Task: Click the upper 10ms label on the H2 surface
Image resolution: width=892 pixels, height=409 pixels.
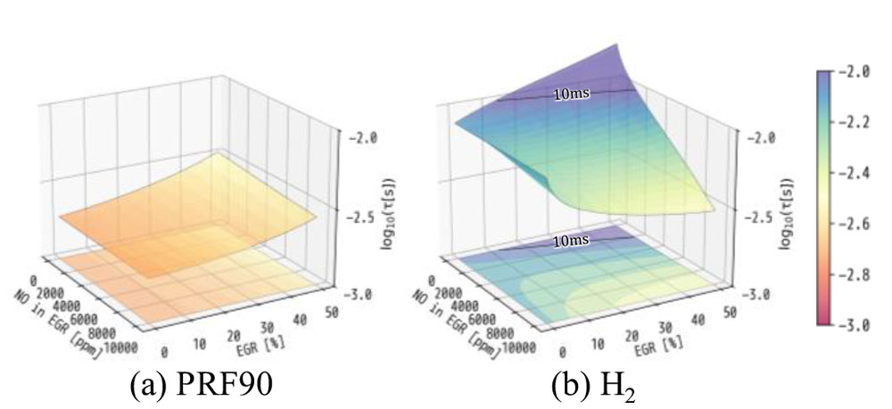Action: pyautogui.click(x=570, y=93)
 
